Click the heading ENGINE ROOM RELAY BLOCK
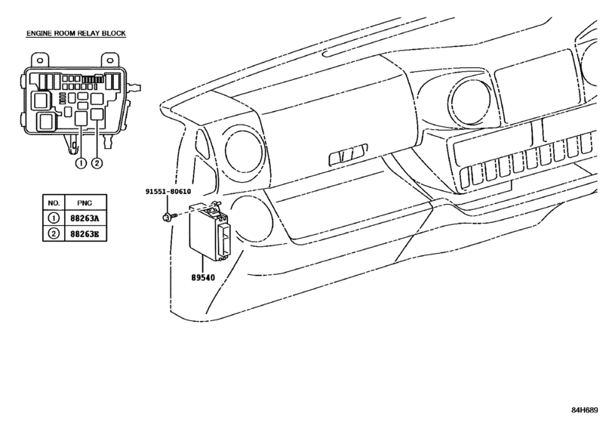[76, 33]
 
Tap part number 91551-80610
[168, 191]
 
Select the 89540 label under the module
[203, 278]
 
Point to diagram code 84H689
[585, 410]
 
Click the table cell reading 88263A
[85, 218]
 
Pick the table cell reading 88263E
[85, 234]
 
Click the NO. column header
[54, 203]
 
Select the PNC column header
[85, 203]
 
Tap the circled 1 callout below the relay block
[81, 162]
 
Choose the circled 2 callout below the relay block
[97, 162]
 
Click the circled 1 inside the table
[54, 218]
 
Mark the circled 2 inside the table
[54, 233]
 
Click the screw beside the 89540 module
[169, 216]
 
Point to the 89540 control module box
[210, 232]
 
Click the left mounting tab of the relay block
[39, 60]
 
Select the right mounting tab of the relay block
[109, 60]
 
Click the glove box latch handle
[348, 154]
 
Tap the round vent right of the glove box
[469, 103]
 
